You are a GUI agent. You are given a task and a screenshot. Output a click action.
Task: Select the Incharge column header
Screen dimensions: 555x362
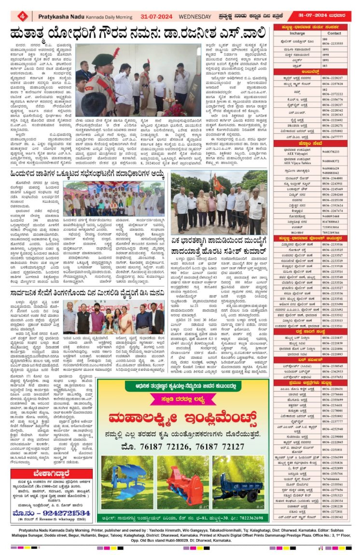297,33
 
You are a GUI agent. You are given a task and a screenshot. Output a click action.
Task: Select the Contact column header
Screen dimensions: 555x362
334,33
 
